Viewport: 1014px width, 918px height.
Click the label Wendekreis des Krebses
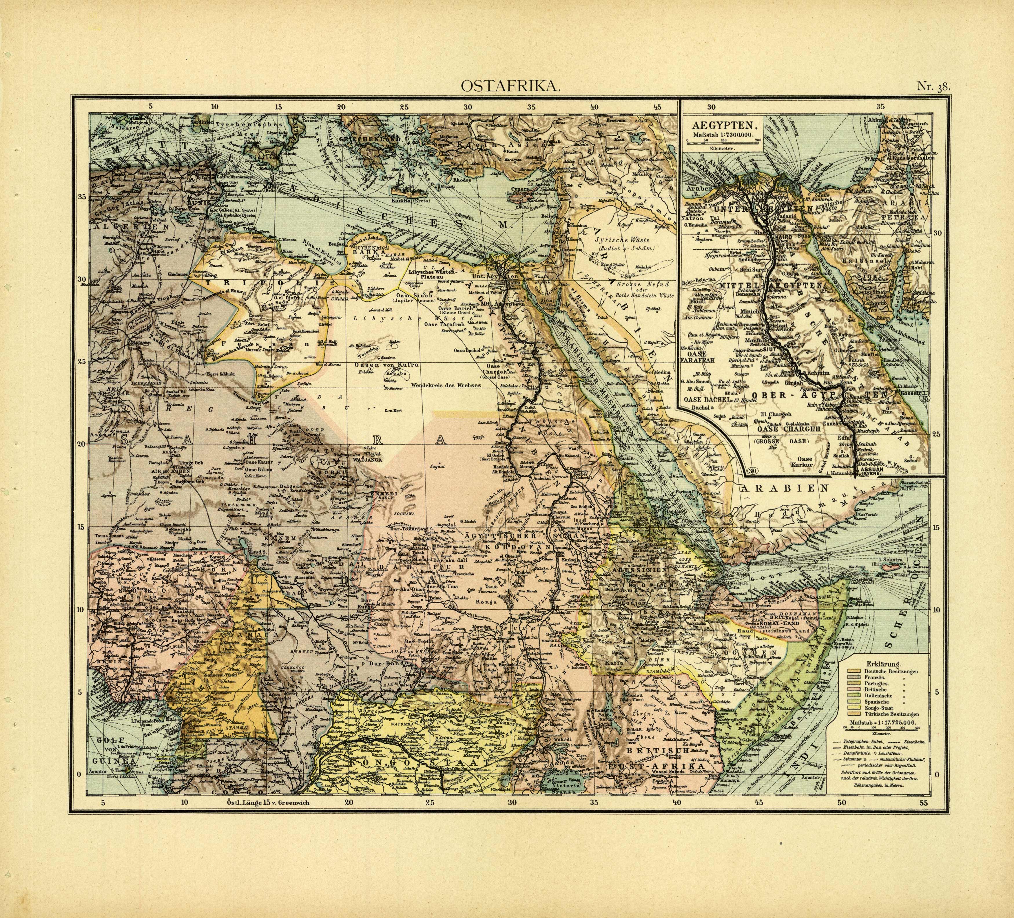pyautogui.click(x=447, y=385)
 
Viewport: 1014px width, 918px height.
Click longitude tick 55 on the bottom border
pyautogui.click(x=923, y=803)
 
